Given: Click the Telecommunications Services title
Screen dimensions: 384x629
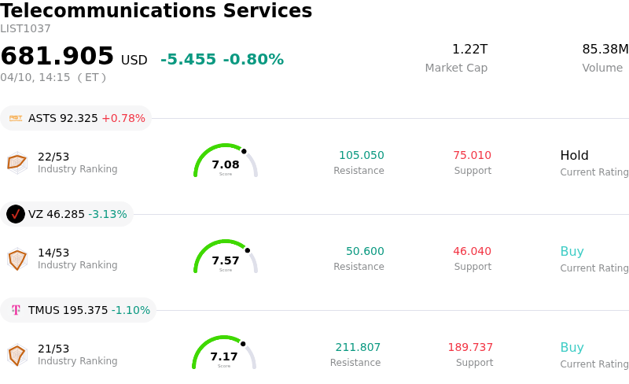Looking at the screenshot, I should [x=156, y=12].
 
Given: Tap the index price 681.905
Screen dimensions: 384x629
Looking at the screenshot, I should [x=57, y=57].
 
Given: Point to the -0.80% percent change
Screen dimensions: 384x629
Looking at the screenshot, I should [x=253, y=60].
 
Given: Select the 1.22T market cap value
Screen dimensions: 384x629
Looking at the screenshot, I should [x=469, y=50].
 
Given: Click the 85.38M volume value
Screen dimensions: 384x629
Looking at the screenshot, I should [x=605, y=50].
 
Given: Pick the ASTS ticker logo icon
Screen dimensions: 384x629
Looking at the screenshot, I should [x=16, y=118].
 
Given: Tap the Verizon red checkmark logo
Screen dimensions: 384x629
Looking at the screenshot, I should [x=16, y=214].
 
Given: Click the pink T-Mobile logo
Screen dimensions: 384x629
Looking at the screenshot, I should [x=16, y=310].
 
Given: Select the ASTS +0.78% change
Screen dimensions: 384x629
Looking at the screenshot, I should [x=123, y=118].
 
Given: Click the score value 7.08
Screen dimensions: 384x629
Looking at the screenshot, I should [x=226, y=164].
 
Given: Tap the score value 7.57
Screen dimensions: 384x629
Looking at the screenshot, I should [x=226, y=260].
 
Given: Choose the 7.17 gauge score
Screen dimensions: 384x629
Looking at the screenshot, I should [x=224, y=356].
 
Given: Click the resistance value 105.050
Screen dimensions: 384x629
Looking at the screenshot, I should [x=362, y=155].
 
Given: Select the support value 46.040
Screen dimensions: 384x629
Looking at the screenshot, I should [x=472, y=251].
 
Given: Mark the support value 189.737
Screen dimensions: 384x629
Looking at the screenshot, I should [x=470, y=347].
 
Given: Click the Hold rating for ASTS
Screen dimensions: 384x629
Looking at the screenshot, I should [x=574, y=155].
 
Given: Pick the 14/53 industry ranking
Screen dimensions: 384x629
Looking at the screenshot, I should [x=53, y=253].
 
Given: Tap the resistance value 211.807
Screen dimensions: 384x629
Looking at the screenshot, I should [x=358, y=347].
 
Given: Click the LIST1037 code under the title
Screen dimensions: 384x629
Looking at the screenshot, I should [x=25, y=29].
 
